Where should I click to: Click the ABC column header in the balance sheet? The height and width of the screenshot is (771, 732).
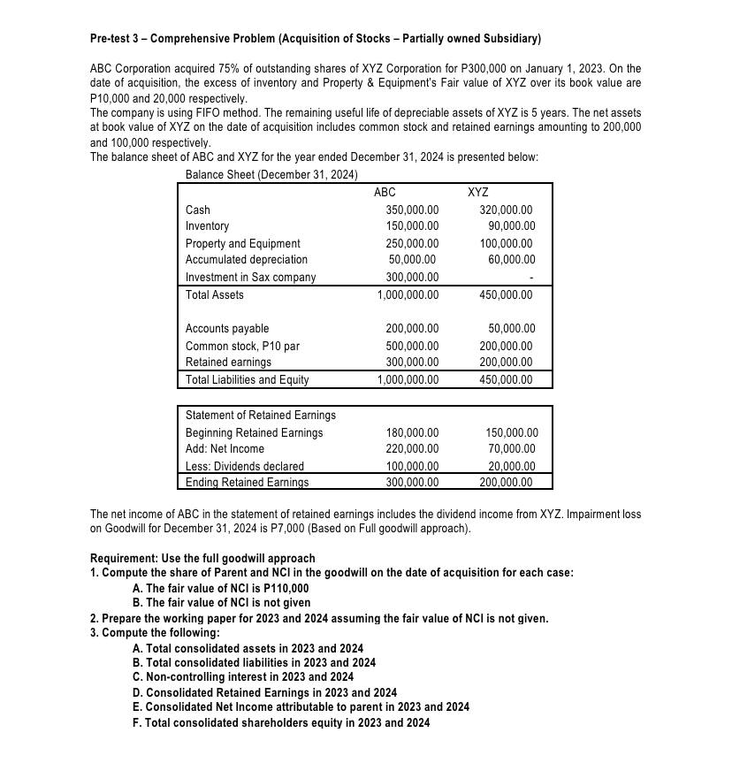(x=385, y=192)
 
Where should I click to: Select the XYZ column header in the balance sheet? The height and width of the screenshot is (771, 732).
(x=478, y=192)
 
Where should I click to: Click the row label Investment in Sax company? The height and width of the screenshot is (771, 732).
(x=250, y=277)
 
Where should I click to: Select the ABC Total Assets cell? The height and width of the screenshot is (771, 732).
(x=408, y=294)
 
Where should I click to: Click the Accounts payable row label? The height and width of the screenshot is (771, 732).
(x=227, y=328)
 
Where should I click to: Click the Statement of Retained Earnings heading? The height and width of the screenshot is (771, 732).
(x=260, y=415)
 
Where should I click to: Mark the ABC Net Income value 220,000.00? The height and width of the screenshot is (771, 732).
(x=412, y=449)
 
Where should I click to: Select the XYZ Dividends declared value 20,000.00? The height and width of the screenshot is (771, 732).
(x=512, y=466)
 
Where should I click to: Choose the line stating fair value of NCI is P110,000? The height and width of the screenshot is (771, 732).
(x=220, y=587)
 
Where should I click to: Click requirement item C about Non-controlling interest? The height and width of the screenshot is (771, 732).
(x=242, y=677)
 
